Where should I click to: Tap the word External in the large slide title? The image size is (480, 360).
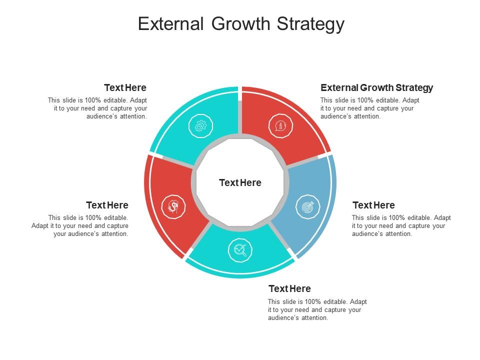pyautogui.click(x=170, y=24)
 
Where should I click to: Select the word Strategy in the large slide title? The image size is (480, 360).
pyautogui.click(x=313, y=24)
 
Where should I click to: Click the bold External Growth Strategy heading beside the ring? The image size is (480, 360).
pyautogui.click(x=376, y=87)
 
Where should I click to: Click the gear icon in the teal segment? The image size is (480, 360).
pyautogui.click(x=200, y=126)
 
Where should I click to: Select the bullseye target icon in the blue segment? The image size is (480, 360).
pyautogui.click(x=307, y=206)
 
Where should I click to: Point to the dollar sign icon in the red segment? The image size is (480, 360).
pyautogui.click(x=173, y=206)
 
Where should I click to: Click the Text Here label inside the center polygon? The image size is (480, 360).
pyautogui.click(x=240, y=183)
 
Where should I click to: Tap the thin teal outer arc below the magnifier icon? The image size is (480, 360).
pyautogui.click(x=240, y=276)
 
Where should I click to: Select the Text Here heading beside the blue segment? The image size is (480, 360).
pyautogui.click(x=373, y=205)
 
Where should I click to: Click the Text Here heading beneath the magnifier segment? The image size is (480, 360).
pyautogui.click(x=289, y=288)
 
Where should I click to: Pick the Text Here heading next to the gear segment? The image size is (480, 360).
pyautogui.click(x=125, y=87)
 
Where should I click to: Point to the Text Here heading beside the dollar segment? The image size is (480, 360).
pyautogui.click(x=107, y=205)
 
